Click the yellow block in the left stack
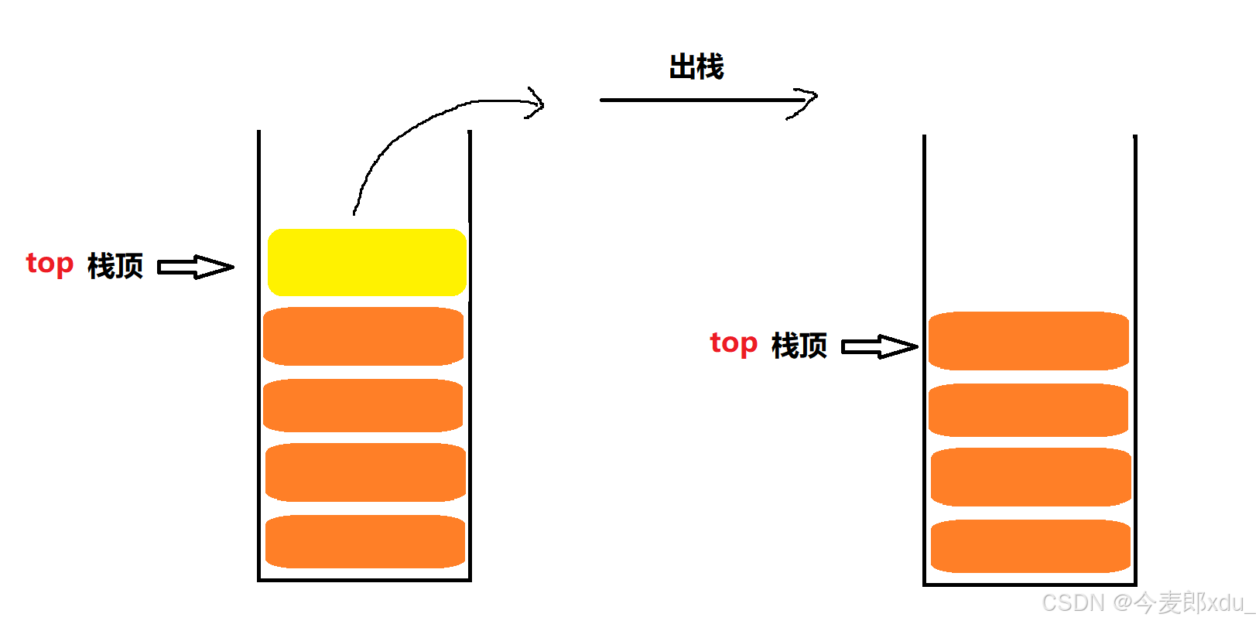pos(367,262)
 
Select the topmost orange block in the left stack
pos(363,336)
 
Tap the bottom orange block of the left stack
pos(365,541)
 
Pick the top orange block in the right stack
pos(1028,341)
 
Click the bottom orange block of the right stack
pos(1031,546)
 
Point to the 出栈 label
pos(696,67)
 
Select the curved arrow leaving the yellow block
pos(410,131)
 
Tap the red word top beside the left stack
pos(50,264)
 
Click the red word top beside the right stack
pos(734,343)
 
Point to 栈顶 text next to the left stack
pos(115,266)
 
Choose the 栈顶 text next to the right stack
pos(799,346)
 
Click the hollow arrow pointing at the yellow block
pos(195,268)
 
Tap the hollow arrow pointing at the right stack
pos(879,346)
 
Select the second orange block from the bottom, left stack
pos(365,472)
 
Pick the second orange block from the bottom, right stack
pos(1031,477)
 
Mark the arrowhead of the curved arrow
pos(535,103)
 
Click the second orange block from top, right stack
pos(1028,410)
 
